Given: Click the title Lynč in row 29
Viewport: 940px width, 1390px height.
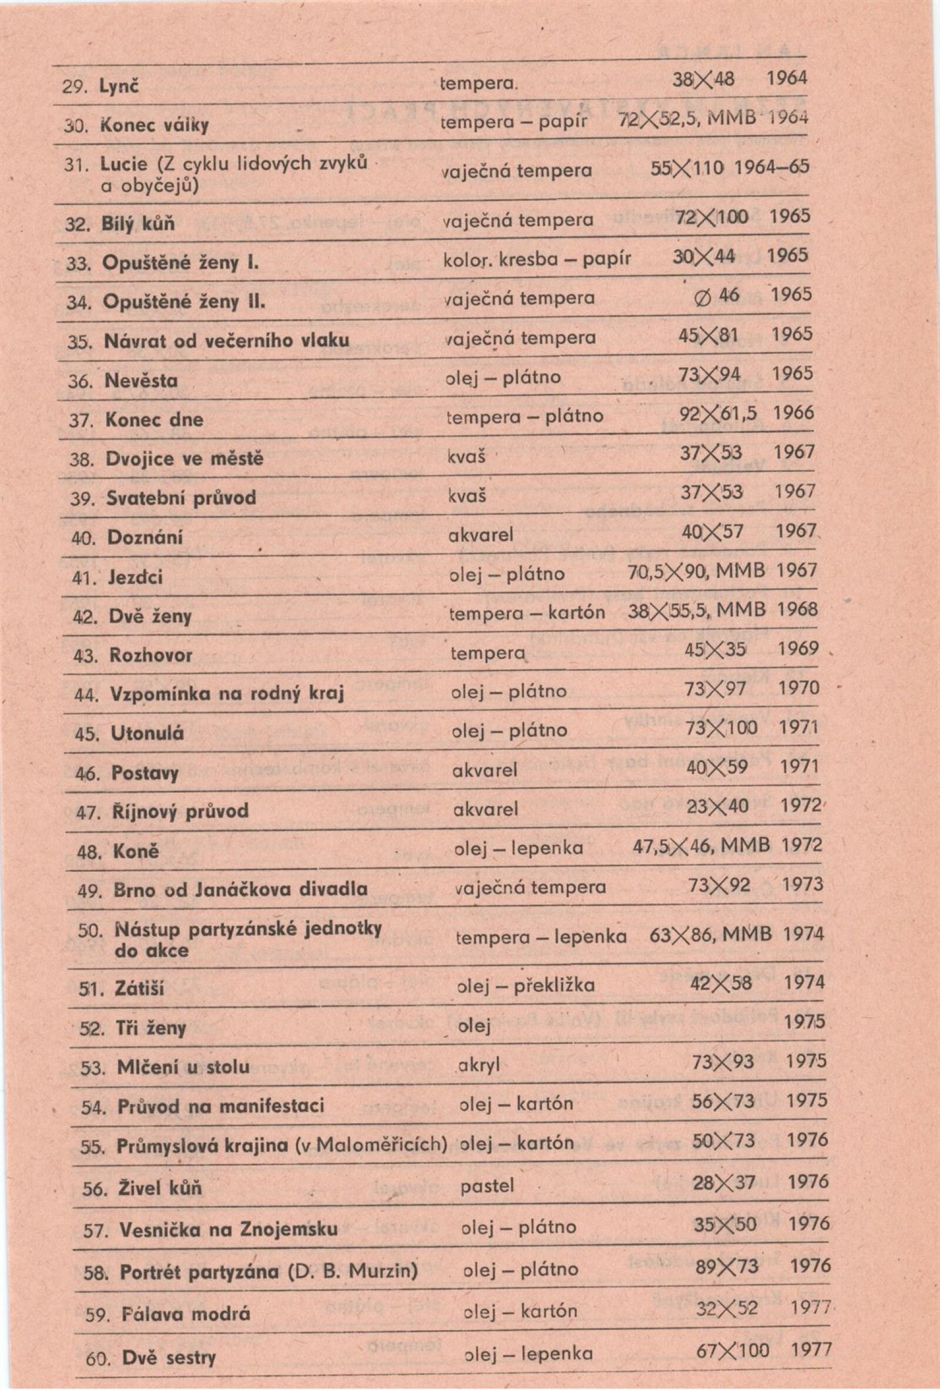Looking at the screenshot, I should coord(119,87).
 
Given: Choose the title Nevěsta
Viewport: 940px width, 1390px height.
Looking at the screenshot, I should coord(141,380).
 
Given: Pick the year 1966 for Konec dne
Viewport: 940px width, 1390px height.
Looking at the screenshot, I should coord(793,413).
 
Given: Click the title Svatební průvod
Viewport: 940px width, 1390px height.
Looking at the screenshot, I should coord(181,498).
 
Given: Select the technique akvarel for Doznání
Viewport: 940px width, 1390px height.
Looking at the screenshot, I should coord(481,535).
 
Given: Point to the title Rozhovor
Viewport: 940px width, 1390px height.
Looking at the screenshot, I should coord(152,656).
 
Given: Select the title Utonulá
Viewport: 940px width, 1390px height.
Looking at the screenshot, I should coord(147,733).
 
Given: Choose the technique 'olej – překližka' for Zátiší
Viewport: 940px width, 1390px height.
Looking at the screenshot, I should coord(526,985).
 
